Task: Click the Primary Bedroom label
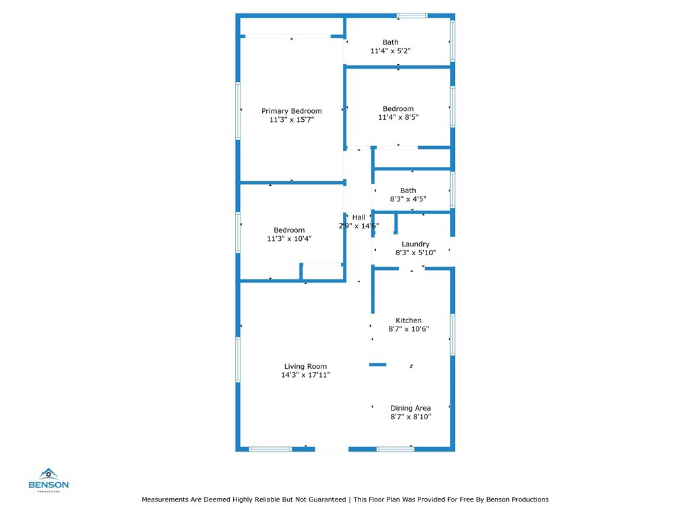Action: pyautogui.click(x=291, y=111)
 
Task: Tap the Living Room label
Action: pyautogui.click(x=305, y=367)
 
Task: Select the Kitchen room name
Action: pyautogui.click(x=408, y=320)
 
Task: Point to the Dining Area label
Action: pyautogui.click(x=410, y=408)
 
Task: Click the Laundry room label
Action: pyautogui.click(x=415, y=244)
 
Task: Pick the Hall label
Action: pyautogui.click(x=358, y=217)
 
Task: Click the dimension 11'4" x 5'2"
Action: pyautogui.click(x=390, y=51)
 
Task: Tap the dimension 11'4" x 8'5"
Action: pyautogui.click(x=398, y=117)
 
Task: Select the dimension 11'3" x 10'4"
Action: pyautogui.click(x=289, y=238)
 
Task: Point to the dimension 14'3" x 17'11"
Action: pyautogui.click(x=305, y=375)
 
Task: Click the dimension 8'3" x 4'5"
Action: pyautogui.click(x=408, y=199)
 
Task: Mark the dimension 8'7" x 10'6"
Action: pyautogui.click(x=408, y=329)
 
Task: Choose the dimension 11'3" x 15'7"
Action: pyautogui.click(x=291, y=119)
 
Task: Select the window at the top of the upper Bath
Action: pyautogui.click(x=412, y=15)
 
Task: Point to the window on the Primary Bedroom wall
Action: pyautogui.click(x=238, y=110)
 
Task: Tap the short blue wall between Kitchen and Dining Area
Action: pyautogui.click(x=377, y=365)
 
